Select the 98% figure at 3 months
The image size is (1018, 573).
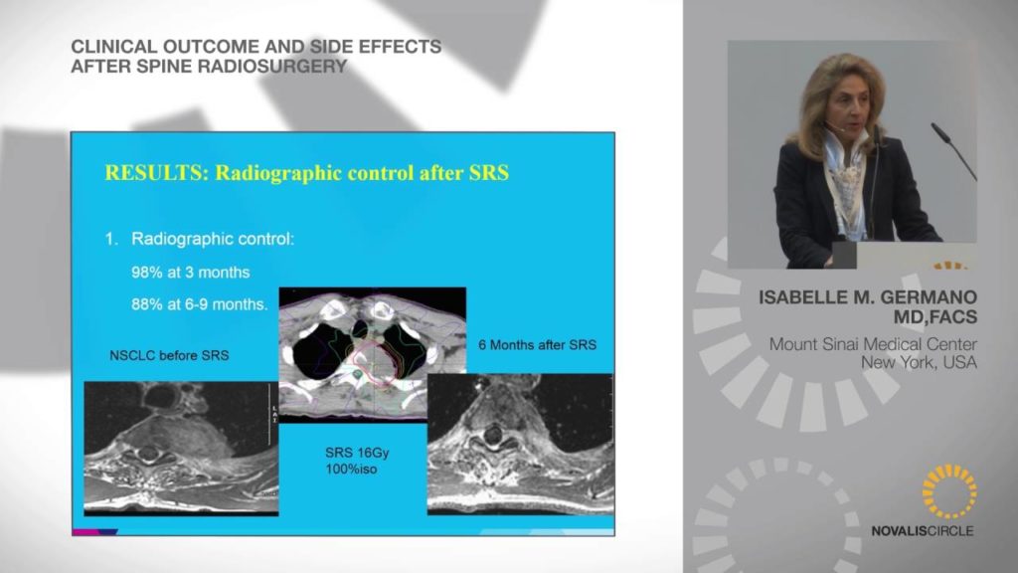click(146, 273)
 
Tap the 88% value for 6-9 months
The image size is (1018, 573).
click(146, 304)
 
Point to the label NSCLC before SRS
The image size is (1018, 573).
click(169, 355)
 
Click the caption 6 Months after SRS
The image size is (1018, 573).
click(537, 345)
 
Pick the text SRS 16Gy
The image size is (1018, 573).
click(357, 453)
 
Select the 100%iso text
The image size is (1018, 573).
click(351, 470)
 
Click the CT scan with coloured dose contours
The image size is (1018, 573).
click(373, 355)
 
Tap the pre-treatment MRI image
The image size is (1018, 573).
click(181, 449)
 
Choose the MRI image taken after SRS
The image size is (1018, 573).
click(520, 445)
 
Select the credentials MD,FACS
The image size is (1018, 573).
click(934, 317)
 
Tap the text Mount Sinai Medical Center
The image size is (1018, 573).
click(873, 344)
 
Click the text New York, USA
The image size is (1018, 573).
click(919, 362)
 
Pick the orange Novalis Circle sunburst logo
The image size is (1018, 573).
click(949, 491)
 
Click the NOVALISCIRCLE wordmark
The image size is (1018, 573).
click(922, 531)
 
